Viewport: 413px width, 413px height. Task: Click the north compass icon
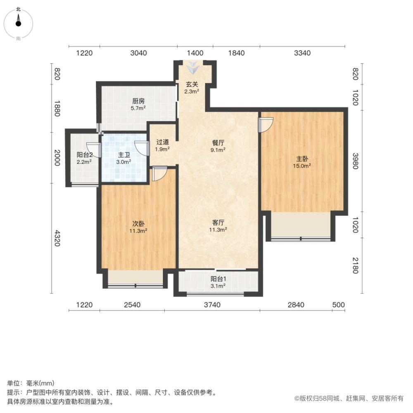[x=18, y=23]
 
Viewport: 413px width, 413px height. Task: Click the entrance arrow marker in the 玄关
[x=192, y=67]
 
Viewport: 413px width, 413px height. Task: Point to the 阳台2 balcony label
[x=84, y=155]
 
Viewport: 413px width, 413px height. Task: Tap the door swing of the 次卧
[x=159, y=173]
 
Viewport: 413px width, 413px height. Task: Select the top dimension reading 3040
[x=138, y=53]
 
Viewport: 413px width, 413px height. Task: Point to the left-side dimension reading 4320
[x=57, y=238]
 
